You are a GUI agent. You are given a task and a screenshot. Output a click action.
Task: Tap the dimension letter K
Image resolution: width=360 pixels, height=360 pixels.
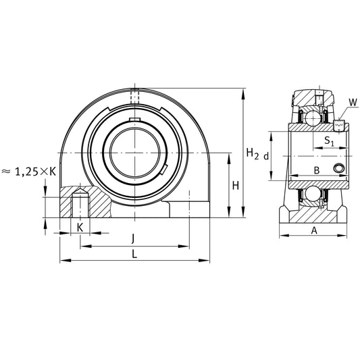[80, 227]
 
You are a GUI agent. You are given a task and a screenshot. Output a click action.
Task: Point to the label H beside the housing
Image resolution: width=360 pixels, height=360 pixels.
[234, 186]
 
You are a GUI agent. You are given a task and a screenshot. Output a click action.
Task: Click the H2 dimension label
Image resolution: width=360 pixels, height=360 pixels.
[252, 155]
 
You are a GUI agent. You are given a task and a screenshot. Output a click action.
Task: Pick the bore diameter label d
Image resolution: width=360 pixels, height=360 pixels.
[266, 156]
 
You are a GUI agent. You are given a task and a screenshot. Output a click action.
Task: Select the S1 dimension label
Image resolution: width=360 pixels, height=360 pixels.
[328, 141]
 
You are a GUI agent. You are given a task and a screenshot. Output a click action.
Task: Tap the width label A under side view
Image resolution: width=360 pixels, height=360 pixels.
[313, 230]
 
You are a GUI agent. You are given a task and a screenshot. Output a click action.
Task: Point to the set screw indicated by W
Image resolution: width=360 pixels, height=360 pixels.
[339, 124]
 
